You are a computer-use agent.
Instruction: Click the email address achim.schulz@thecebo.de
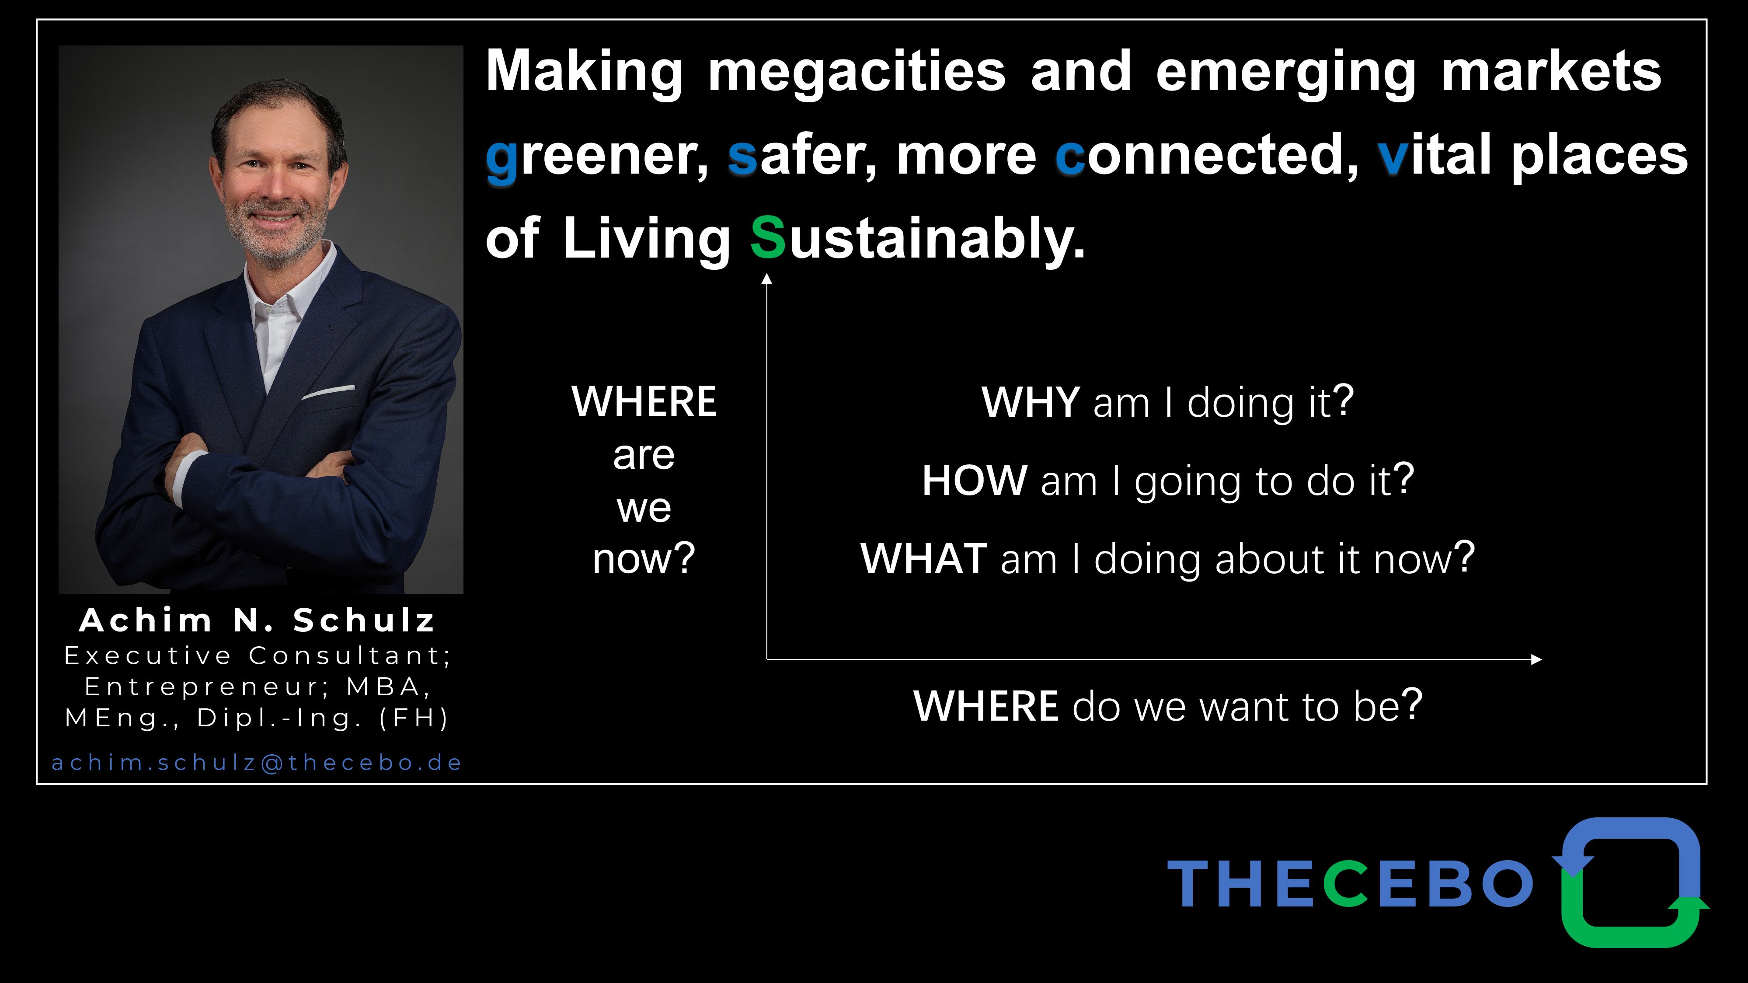[x=257, y=763]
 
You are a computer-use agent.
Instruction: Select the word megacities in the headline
[x=857, y=73]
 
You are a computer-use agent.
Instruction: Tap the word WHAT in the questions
[x=923, y=559]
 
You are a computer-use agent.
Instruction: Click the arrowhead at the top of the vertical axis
[x=767, y=279]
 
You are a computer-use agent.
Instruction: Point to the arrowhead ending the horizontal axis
[x=1536, y=659]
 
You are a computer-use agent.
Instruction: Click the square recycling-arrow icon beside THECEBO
[x=1631, y=882]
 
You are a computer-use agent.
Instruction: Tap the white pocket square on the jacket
[x=328, y=392]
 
